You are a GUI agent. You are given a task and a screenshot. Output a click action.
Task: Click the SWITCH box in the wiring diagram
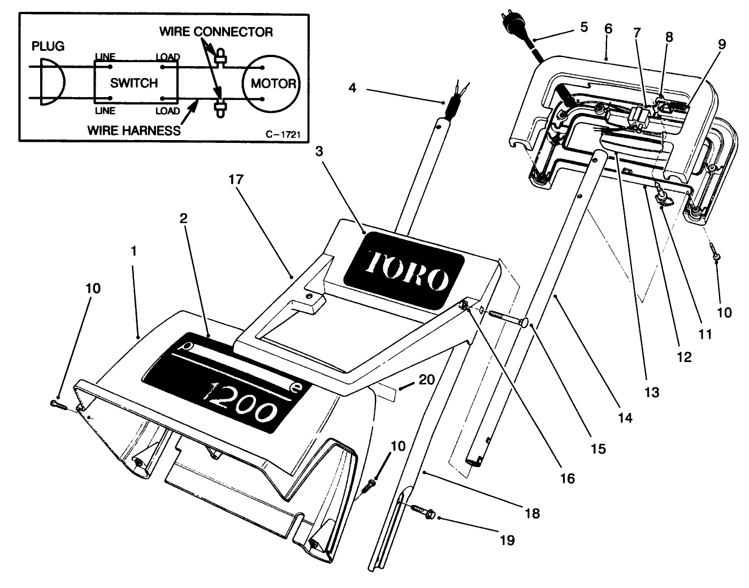135,83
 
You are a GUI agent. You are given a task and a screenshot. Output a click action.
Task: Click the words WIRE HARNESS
134,130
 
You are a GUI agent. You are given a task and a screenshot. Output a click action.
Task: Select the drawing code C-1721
282,134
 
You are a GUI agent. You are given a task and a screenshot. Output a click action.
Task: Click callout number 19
507,540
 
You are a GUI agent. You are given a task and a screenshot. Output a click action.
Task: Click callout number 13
652,391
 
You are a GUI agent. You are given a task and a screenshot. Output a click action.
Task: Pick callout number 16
567,478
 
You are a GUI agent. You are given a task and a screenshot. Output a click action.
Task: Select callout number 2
184,219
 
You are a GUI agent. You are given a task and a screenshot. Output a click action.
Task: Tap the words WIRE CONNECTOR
215,31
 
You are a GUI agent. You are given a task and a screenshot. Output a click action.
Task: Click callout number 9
722,44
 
